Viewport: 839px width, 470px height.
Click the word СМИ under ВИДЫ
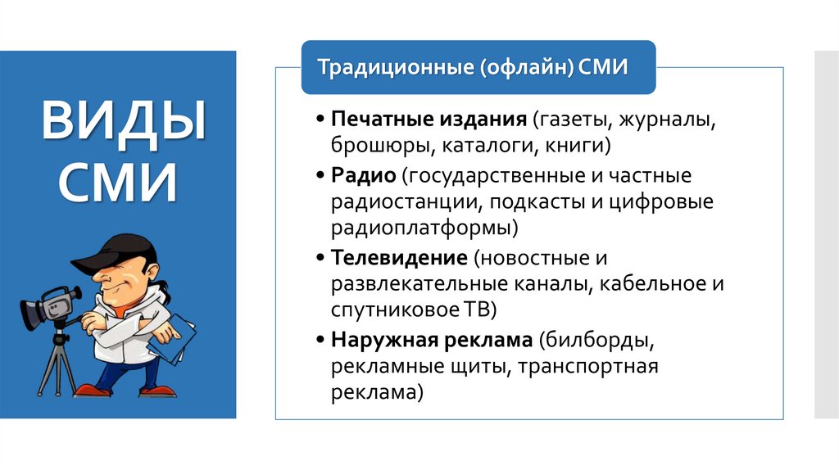point(118,183)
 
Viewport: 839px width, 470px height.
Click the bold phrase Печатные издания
point(429,120)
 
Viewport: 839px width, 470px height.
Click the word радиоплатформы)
point(424,229)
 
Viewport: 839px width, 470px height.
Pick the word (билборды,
point(596,339)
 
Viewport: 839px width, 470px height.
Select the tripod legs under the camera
point(57,364)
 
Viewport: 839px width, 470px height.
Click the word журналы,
point(668,120)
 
